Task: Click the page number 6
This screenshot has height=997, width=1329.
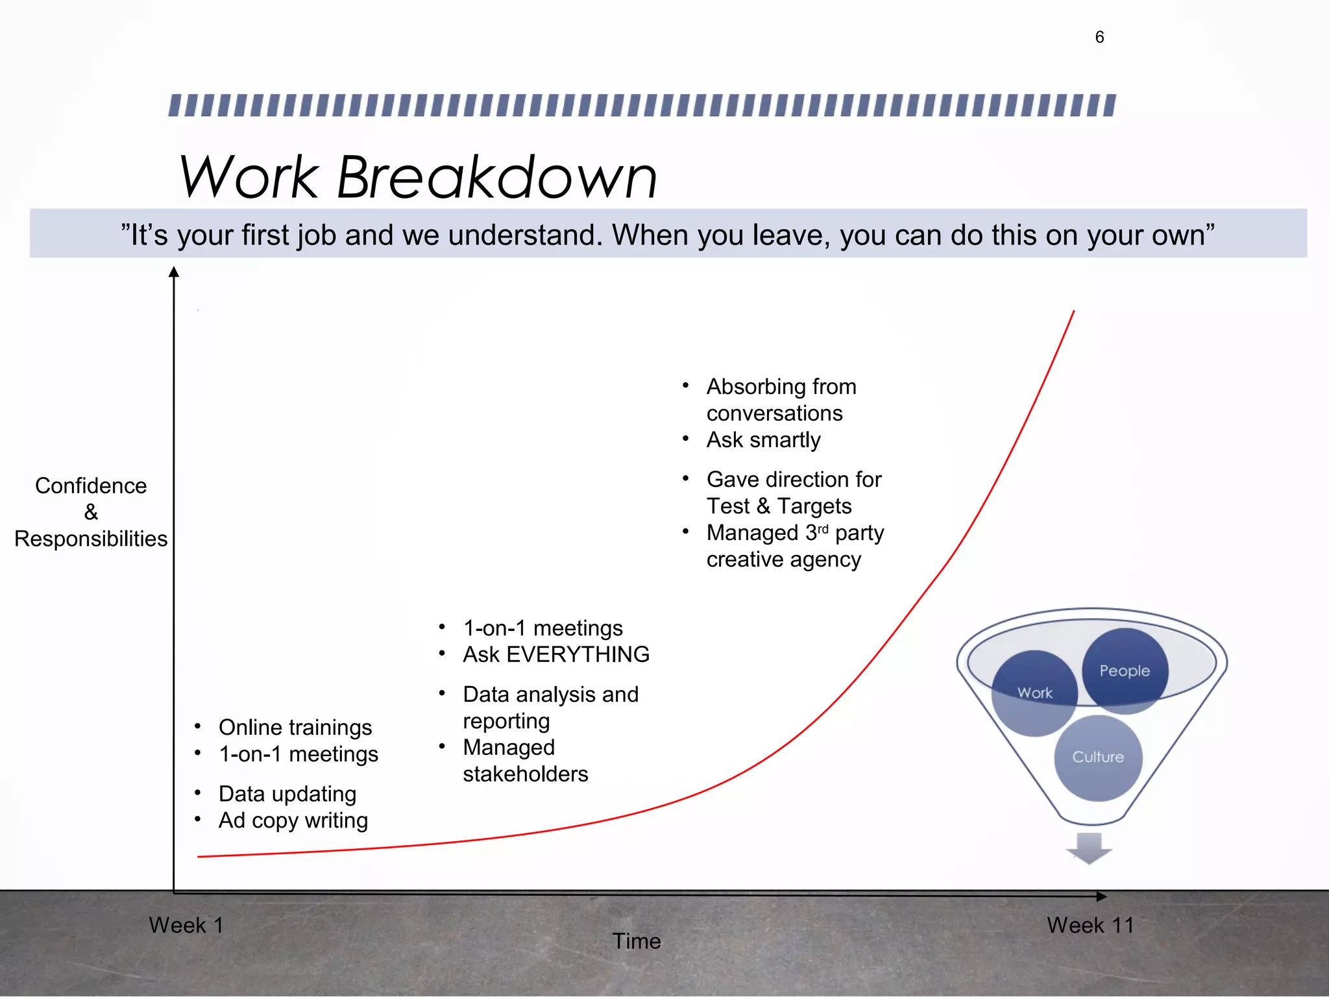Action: point(1099,37)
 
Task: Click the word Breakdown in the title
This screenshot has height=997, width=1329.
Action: point(497,177)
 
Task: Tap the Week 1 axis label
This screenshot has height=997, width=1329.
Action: point(186,925)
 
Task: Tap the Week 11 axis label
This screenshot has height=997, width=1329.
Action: point(1090,925)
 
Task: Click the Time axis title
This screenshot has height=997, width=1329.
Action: point(637,941)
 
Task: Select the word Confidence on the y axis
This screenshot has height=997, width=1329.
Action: point(91,486)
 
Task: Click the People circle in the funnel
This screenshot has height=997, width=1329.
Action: point(1125,670)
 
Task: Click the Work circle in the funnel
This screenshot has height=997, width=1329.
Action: point(1034,693)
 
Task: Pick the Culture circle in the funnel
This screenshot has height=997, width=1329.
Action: point(1098,757)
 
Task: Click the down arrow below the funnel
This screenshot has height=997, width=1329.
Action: point(1090,848)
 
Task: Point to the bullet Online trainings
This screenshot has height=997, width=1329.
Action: point(295,728)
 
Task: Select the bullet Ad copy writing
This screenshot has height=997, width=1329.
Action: point(293,820)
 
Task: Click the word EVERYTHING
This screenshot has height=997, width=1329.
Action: point(578,654)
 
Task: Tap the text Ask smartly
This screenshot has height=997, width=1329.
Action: point(763,440)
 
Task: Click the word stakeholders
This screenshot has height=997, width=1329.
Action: point(526,774)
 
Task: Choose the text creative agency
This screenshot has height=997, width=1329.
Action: point(783,560)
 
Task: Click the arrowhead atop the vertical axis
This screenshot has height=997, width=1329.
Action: point(174,272)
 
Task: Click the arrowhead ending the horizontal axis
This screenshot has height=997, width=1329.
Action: point(1101,896)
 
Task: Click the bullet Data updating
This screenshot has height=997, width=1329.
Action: point(287,794)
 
